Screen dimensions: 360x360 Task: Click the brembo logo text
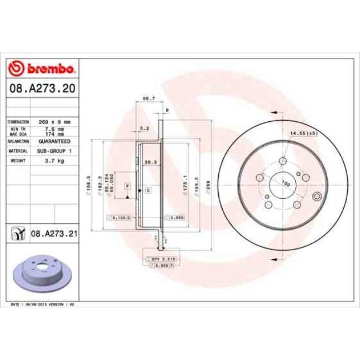48,69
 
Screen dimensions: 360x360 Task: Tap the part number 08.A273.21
54,234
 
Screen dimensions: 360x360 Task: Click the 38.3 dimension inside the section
148,162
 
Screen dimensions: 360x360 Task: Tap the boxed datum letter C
148,191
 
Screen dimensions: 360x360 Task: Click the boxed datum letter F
126,186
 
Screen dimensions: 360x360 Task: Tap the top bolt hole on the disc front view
282,160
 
